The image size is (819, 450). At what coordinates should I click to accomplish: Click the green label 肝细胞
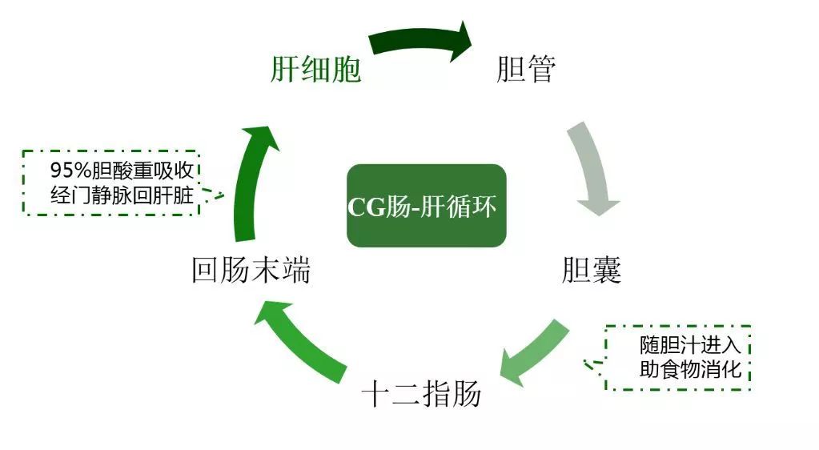click(315, 69)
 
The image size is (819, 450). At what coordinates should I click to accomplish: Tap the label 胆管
click(526, 69)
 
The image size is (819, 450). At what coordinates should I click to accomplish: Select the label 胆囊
click(592, 270)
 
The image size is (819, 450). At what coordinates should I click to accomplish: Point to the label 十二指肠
click(421, 393)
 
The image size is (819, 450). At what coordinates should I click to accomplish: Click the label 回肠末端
click(251, 270)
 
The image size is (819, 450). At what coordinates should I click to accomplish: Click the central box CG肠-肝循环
click(426, 206)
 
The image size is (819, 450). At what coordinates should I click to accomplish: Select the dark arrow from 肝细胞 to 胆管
click(421, 40)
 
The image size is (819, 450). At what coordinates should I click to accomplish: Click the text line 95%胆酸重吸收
click(122, 171)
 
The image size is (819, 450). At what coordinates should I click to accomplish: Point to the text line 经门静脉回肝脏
click(122, 195)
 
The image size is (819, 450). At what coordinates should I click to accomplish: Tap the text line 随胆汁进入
click(691, 345)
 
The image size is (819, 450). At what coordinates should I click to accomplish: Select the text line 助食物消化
click(691, 369)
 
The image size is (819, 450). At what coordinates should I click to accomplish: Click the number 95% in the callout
click(71, 171)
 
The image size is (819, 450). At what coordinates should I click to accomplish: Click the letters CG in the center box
click(366, 207)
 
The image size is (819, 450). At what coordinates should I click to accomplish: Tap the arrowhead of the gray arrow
click(599, 207)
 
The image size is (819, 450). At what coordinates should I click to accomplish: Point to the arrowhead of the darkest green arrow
click(460, 41)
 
